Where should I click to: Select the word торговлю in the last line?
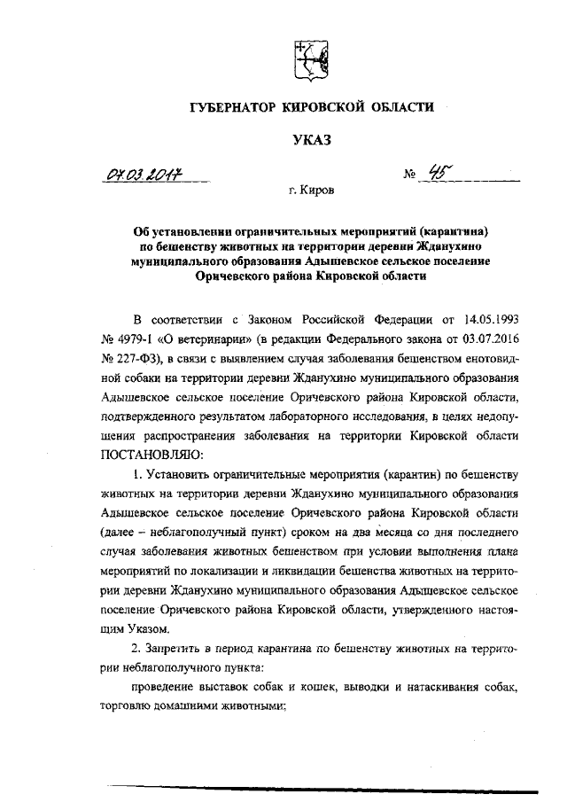pyautogui.click(x=129, y=712)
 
